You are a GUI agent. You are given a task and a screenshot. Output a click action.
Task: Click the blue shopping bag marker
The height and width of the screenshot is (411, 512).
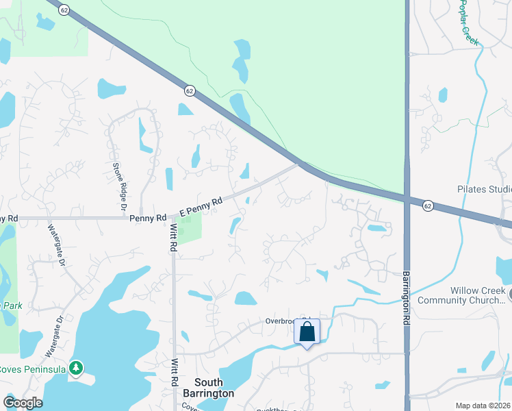tap(307, 332)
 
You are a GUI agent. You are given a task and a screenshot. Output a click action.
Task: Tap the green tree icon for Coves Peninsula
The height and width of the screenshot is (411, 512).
tap(77, 369)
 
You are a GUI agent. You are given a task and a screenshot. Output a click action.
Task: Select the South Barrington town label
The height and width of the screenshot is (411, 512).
tap(209, 388)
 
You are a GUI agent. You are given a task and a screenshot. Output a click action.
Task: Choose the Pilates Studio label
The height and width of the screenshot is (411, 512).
tap(483, 189)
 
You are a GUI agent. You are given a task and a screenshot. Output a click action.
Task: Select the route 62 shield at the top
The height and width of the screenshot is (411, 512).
tap(64, 10)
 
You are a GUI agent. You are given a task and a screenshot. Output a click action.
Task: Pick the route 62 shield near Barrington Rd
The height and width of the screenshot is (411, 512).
tap(428, 206)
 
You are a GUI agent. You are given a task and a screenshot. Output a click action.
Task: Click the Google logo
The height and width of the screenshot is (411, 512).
tap(23, 403)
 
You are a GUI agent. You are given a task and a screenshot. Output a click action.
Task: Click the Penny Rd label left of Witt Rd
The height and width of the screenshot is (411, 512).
tap(147, 219)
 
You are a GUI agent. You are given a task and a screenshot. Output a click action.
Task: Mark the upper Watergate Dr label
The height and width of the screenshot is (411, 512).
tap(56, 244)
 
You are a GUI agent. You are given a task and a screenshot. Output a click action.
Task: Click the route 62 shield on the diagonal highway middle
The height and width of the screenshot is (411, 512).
tap(190, 90)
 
